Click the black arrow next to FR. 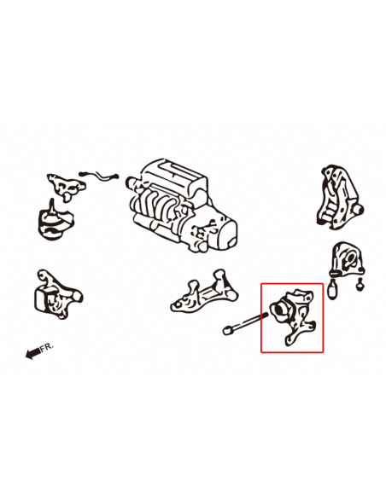[33, 353]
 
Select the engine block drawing [181, 206]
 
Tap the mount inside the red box [293, 316]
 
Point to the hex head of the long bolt [226, 330]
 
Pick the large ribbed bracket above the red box [340, 197]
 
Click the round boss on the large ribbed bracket [359, 210]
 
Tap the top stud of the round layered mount [52, 206]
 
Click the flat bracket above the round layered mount [66, 186]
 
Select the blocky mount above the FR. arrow [56, 295]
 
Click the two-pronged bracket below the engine [205, 292]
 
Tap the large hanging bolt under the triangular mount [333, 288]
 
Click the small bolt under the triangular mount [360, 285]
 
